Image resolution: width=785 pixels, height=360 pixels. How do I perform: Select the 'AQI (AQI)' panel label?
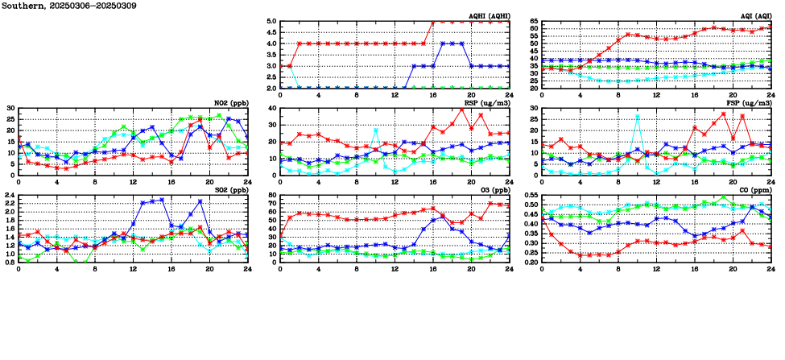click(753, 15)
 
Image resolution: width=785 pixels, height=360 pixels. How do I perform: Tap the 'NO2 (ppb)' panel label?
click(229, 102)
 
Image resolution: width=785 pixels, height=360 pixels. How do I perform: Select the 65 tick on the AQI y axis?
click(534, 22)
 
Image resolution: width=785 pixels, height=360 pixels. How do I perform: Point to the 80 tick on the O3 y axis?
click(272, 196)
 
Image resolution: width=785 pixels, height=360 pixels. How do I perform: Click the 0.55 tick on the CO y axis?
click(531, 196)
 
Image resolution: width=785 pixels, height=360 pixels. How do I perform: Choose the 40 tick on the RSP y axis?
click(272, 109)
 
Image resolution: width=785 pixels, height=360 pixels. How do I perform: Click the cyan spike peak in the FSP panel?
click(638, 117)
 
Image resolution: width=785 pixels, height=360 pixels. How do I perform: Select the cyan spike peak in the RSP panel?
click(376, 130)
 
